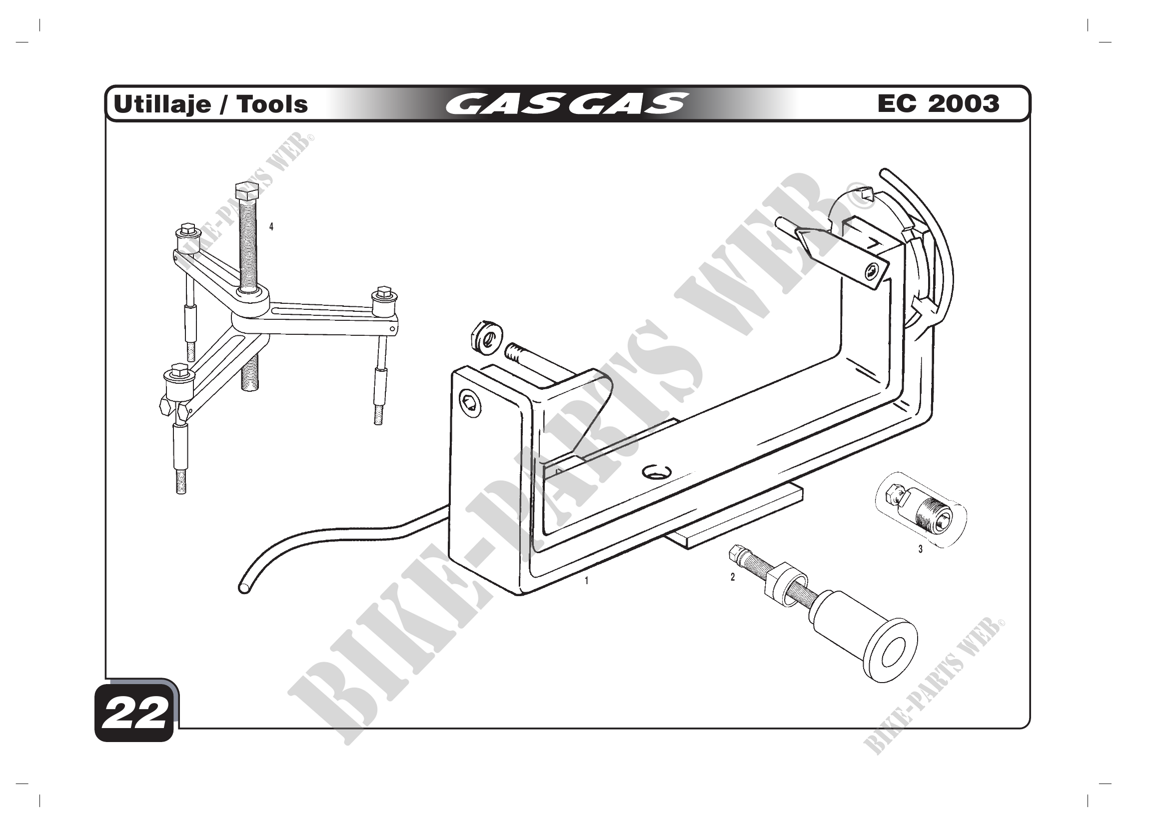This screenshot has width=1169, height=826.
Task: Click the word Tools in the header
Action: click(x=272, y=104)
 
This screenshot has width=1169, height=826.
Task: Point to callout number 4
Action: click(x=271, y=227)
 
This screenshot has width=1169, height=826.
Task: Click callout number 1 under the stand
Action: click(x=587, y=580)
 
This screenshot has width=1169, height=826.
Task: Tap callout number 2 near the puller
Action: click(x=733, y=577)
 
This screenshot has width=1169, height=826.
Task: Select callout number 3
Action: click(x=920, y=550)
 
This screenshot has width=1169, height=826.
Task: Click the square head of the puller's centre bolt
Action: click(x=247, y=192)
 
